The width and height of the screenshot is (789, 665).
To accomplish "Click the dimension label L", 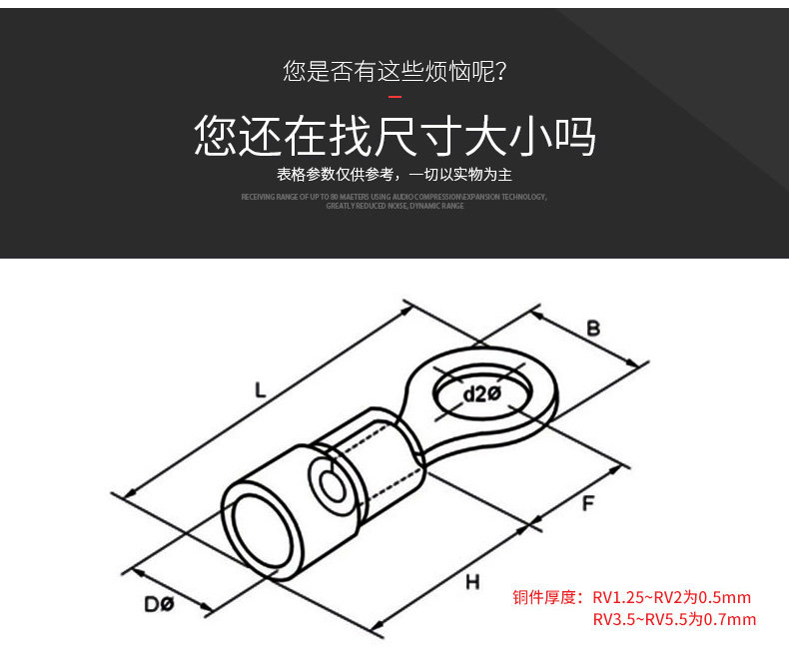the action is (260, 391).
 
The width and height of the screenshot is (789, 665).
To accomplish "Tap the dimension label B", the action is (593, 328).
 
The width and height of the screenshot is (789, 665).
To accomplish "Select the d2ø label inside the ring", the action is (481, 393).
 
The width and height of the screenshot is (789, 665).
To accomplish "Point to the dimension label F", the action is (588, 504).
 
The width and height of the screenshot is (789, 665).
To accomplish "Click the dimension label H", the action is (472, 581).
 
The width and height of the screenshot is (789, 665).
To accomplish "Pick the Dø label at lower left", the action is (159, 604).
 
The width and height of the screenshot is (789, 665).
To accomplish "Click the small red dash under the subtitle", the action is (394, 97).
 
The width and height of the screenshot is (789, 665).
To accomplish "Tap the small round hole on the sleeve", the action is (329, 487).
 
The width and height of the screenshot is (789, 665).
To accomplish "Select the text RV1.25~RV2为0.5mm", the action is (671, 598).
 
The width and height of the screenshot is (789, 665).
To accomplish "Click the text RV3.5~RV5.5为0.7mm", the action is (674, 620).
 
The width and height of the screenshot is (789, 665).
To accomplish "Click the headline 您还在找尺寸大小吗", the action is (394, 137).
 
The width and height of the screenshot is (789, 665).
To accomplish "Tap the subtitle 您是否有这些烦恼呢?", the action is (394, 71).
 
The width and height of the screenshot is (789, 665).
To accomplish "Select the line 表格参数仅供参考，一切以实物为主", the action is (394, 176).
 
